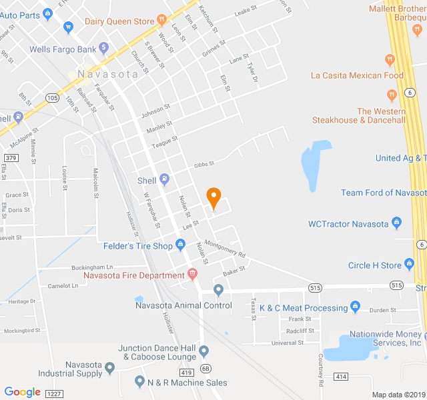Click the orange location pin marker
(213, 197)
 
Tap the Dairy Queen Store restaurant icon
(161, 21)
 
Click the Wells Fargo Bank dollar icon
(103, 48)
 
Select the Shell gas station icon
(164, 179)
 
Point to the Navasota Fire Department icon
(192, 274)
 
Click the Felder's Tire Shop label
(138, 245)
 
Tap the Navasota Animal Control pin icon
(218, 290)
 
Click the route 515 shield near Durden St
(397, 285)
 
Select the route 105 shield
(52, 97)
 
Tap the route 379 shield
(10, 157)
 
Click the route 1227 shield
(53, 394)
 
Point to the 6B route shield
(205, 368)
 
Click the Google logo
(22, 391)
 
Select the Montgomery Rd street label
(225, 249)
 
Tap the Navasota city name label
(107, 74)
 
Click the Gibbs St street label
(204, 164)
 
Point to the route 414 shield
(341, 377)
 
